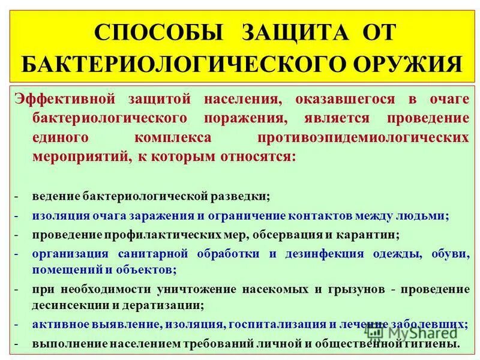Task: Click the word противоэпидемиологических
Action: [x=363, y=137]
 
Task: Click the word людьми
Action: [x=425, y=216]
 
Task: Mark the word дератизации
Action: [x=171, y=305]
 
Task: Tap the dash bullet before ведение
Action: [x=18, y=197]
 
